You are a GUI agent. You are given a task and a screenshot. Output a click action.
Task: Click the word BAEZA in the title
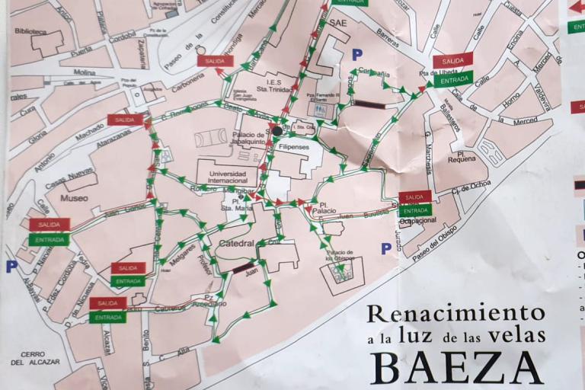(457, 367)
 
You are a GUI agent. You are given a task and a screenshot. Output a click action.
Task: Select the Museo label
(74, 198)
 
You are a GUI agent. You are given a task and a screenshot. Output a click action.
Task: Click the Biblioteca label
(30, 31)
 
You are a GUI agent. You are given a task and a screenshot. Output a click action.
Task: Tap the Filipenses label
(293, 146)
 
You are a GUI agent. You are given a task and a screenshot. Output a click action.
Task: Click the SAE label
(337, 24)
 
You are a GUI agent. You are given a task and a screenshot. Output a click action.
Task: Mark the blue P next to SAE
(357, 54)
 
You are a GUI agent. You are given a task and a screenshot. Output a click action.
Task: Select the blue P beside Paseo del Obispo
(386, 248)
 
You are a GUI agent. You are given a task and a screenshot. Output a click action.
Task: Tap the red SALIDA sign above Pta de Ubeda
(452, 60)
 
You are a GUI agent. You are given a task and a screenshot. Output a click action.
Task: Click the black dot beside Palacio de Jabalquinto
(277, 131)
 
